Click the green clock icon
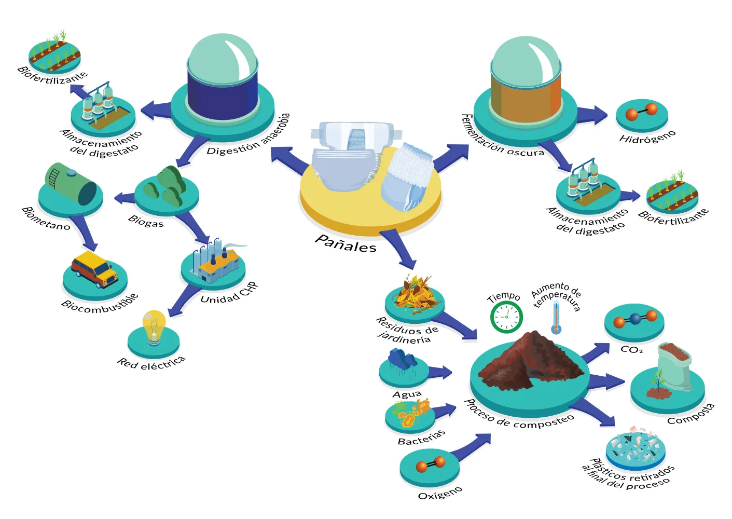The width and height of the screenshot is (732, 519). [x=506, y=317]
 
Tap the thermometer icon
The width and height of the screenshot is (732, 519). [x=556, y=317]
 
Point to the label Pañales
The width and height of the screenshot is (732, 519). [x=346, y=243]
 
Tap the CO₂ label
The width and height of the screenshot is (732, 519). [x=631, y=350]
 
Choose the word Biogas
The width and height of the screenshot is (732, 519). [x=146, y=222]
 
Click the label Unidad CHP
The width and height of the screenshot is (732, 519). [x=228, y=293]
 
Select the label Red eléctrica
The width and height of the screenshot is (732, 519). [x=151, y=362]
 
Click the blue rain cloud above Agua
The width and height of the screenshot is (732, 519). [x=403, y=359]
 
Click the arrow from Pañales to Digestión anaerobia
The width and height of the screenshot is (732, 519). [x=289, y=160]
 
